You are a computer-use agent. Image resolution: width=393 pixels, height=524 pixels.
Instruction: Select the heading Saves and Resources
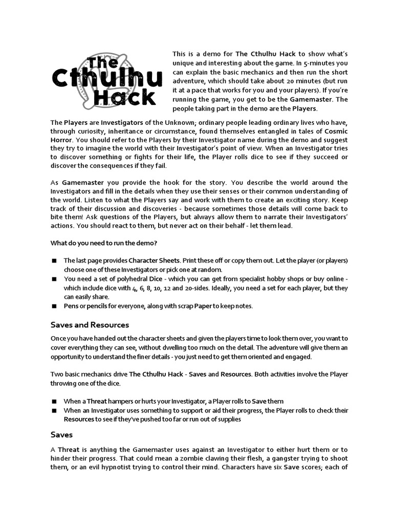click(90, 325)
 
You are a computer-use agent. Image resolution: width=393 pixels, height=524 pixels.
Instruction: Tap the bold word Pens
click(72, 306)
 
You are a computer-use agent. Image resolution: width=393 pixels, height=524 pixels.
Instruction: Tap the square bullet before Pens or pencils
click(54, 306)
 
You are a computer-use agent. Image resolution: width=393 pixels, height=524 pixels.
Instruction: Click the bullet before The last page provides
click(54, 260)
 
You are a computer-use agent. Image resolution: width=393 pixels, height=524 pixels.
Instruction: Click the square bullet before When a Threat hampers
click(54, 401)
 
